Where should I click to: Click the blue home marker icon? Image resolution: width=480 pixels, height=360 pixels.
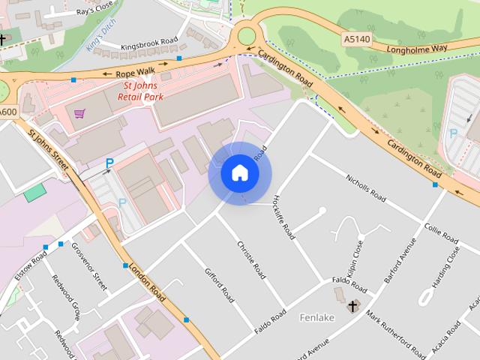(x=240, y=173)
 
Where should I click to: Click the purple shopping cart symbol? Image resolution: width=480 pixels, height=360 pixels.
(x=79, y=113)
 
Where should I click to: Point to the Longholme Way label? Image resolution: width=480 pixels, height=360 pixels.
(x=417, y=49)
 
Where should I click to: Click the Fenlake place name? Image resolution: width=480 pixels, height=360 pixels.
(x=316, y=317)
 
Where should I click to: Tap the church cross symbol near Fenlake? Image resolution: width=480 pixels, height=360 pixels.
(x=352, y=306)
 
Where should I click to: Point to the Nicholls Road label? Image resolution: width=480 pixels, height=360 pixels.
(x=365, y=188)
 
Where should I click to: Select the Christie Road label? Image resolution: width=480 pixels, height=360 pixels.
(x=251, y=260)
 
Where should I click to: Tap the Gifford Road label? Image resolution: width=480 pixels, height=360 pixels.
(x=220, y=285)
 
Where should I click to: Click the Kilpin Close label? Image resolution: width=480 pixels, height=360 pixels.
(x=356, y=256)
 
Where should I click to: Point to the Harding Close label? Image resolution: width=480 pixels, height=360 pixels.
(x=445, y=267)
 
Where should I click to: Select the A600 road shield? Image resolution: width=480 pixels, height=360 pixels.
(x=7, y=112)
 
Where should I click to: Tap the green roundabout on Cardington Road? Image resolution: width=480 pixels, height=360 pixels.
(x=246, y=35)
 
